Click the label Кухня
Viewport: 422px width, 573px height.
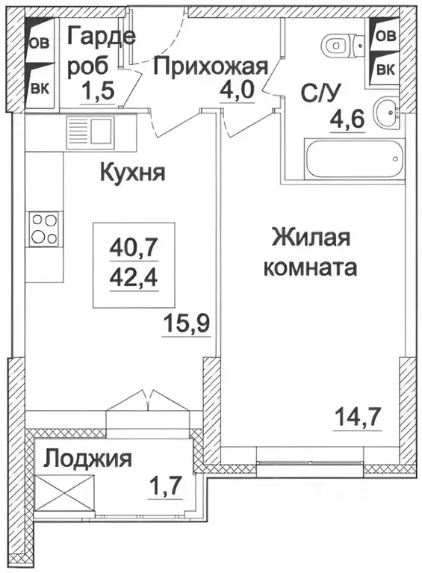tap(132, 173)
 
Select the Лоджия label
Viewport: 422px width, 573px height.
tap(87, 458)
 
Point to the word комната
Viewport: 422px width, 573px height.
tap(309, 267)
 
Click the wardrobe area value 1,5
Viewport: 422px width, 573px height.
tap(97, 92)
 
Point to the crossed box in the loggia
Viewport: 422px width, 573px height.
tap(63, 496)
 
